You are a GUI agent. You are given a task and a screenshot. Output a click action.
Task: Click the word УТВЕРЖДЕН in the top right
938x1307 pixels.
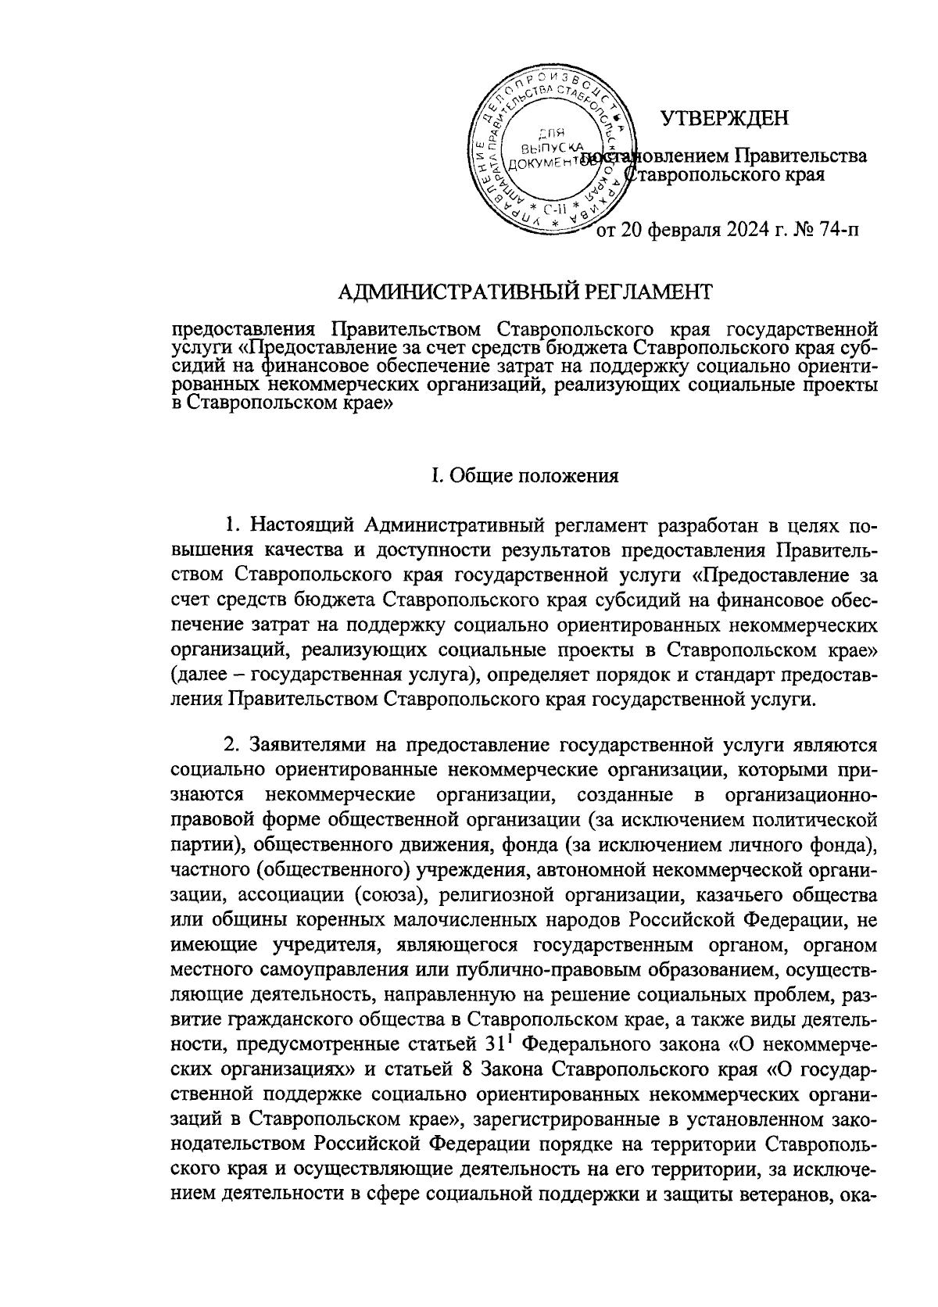[725, 118]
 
